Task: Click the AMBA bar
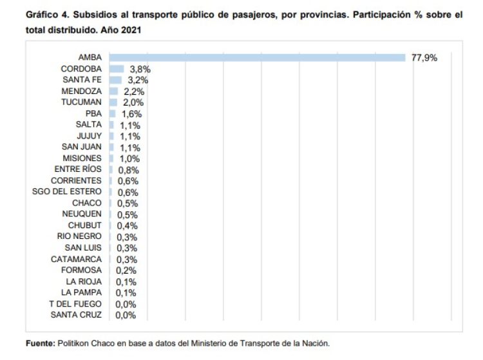pyautogui.click(x=257, y=57)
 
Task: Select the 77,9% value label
pyautogui.click(x=424, y=57)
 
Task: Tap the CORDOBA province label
pyautogui.click(x=81, y=68)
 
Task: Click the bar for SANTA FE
pyautogui.click(x=115, y=80)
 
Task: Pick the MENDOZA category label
pyautogui.click(x=81, y=91)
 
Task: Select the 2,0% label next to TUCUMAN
pyautogui.click(x=133, y=102)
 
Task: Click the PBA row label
pyautogui.click(x=93, y=113)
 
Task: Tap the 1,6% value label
pyautogui.click(x=131, y=114)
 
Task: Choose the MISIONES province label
pyautogui.click(x=82, y=158)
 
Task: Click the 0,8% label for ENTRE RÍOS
pyautogui.click(x=128, y=169)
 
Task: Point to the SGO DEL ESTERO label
pyautogui.click(x=67, y=192)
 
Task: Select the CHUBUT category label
pyautogui.click(x=85, y=225)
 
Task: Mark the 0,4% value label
pyautogui.click(x=126, y=226)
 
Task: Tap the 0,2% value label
pyautogui.click(x=126, y=270)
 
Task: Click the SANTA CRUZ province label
pyautogui.click(x=76, y=314)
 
